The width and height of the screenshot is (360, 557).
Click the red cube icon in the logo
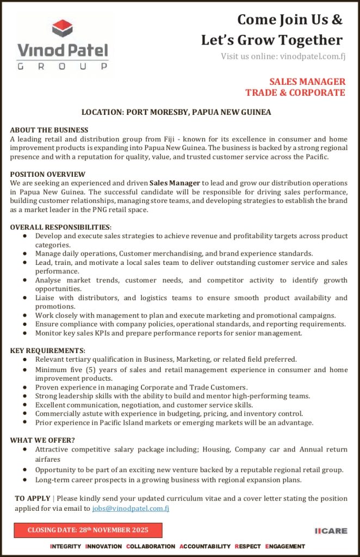coord(63,29)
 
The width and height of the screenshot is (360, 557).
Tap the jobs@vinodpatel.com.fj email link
coord(131,509)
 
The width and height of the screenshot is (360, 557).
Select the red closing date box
coord(88,530)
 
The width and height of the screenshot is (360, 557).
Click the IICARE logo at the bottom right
coord(331,531)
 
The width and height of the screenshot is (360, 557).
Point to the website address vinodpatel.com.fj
coord(313,56)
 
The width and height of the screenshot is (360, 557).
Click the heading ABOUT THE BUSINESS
coord(49,130)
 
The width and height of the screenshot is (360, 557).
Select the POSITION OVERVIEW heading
coord(48,174)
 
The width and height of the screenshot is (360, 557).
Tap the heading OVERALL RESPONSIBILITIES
coord(61,227)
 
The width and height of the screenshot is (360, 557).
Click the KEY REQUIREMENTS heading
coord(48,350)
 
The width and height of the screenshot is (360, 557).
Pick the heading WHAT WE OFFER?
coord(42,440)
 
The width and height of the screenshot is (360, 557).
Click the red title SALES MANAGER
coord(307,82)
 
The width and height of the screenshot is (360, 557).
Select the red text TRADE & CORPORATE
coord(295,92)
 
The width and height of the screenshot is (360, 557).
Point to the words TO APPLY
coord(32,499)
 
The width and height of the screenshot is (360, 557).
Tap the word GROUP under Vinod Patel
coord(63,66)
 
